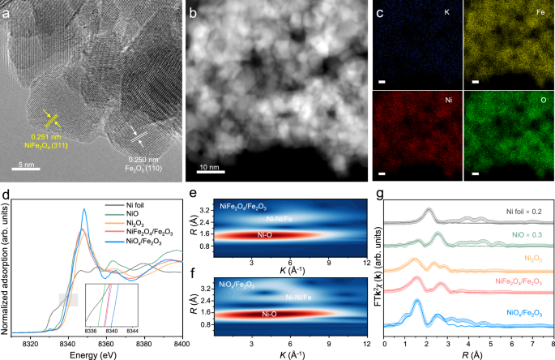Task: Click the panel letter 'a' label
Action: pos(10,11)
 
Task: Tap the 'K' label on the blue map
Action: pos(446,12)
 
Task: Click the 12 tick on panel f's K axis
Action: pos(367,345)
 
